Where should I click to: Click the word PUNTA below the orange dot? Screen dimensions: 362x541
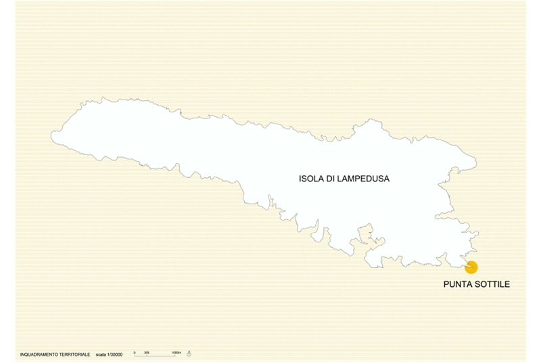coord(456,284)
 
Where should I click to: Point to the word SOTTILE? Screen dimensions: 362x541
coord(492,284)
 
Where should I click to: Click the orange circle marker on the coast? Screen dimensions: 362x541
coord(471,267)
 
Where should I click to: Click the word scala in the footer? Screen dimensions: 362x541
coord(101,354)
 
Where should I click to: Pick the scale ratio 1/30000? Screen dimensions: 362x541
coord(115,354)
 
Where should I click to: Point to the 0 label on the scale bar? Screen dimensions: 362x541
coord(135,352)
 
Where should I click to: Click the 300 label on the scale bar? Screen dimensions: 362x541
coord(147,352)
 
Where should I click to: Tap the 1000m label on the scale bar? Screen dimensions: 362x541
coord(176,352)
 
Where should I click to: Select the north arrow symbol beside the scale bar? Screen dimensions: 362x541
coord(189,353)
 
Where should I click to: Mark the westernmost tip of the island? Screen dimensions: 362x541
coord(51,137)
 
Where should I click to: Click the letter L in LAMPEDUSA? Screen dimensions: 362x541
coord(345,179)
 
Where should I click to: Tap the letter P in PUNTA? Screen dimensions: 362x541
coord(446,284)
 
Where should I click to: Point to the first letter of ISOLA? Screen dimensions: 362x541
coord(300,179)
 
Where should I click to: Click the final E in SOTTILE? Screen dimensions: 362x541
coord(507,284)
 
